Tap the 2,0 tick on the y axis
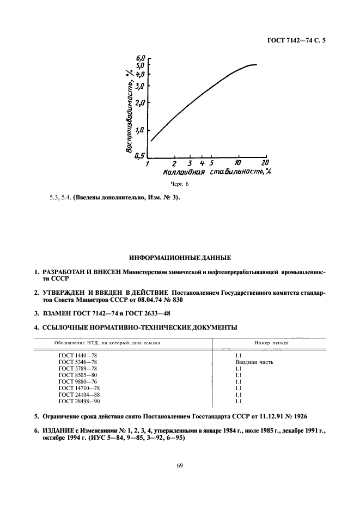(x=141, y=102)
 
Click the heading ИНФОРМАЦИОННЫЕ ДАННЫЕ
(x=180, y=257)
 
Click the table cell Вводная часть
(x=254, y=362)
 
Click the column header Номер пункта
(x=271, y=343)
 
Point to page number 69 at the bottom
(x=180, y=465)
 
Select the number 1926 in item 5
(x=299, y=417)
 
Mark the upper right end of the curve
(x=256, y=65)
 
